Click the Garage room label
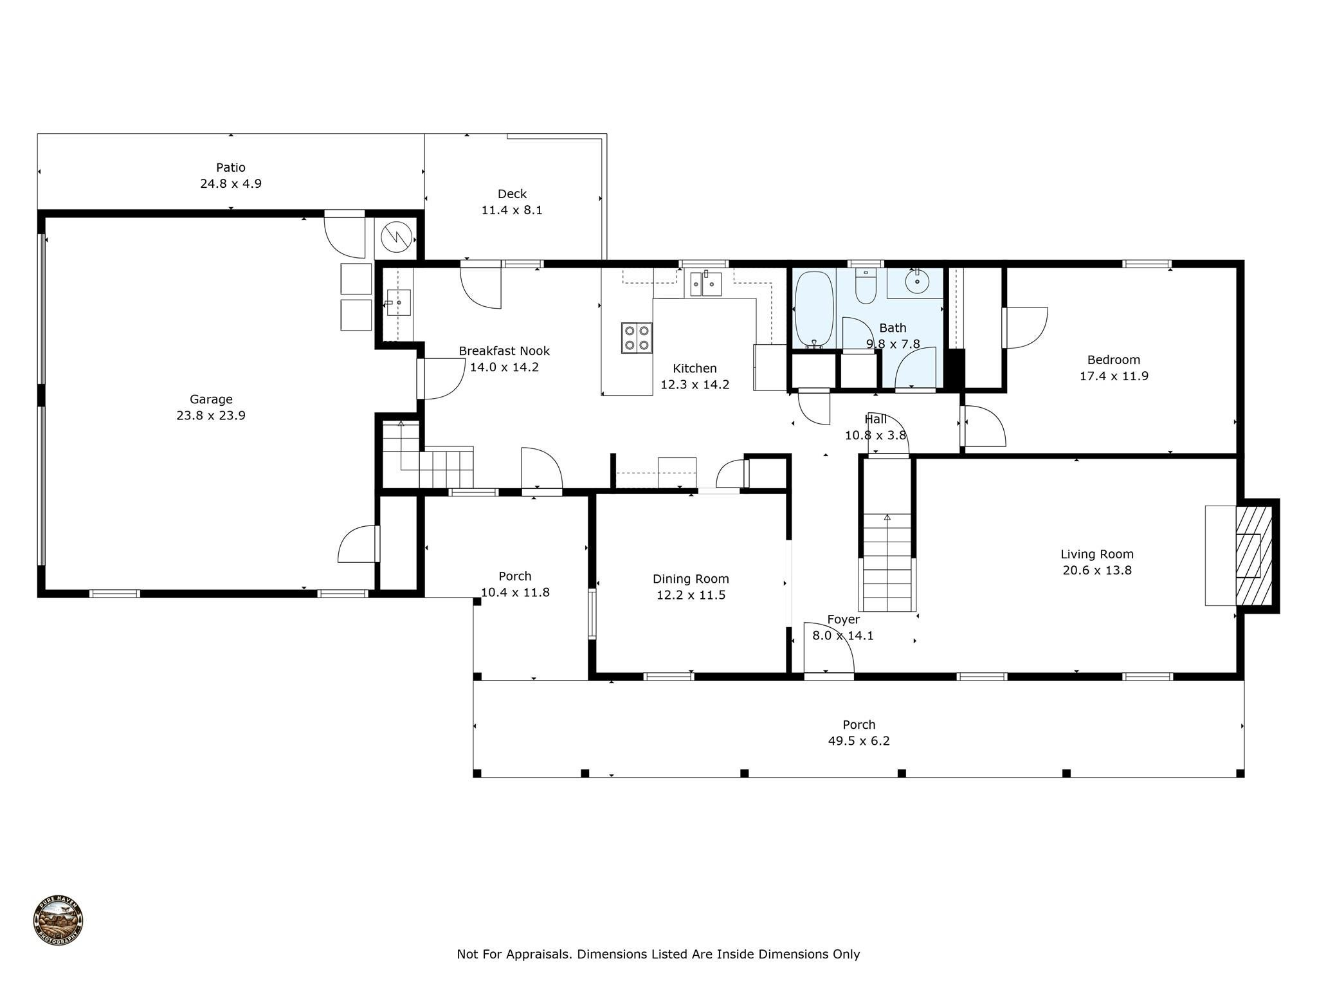[211, 399]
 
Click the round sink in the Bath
[916, 281]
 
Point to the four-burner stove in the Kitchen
[637, 338]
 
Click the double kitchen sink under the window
[705, 284]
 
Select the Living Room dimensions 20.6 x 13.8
[1097, 571]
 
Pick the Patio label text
[230, 167]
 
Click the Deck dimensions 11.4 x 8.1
[512, 210]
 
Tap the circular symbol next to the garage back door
[396, 237]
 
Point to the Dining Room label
[691, 579]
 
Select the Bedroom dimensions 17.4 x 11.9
[1114, 376]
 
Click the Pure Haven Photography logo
[59, 921]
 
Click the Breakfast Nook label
[504, 351]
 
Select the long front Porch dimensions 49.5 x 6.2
[858, 741]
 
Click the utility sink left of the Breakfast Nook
[398, 302]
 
